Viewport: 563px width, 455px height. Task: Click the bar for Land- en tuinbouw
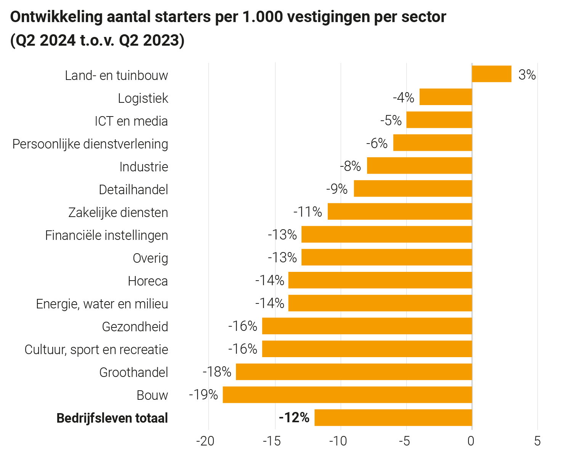click(x=491, y=74)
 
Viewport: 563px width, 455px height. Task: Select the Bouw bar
click(x=347, y=395)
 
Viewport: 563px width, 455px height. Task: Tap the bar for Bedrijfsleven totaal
click(x=393, y=418)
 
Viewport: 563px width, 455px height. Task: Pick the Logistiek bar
click(x=445, y=97)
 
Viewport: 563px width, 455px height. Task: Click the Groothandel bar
click(x=354, y=372)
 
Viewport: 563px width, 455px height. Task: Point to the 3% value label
click(x=527, y=75)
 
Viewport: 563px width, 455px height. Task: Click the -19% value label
click(x=203, y=395)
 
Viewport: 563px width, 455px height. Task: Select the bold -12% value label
click(x=294, y=418)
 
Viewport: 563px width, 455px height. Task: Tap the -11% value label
click(x=307, y=212)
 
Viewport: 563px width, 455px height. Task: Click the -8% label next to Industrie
click(x=350, y=166)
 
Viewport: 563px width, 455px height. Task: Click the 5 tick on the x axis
click(x=537, y=442)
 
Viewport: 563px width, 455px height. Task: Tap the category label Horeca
click(x=148, y=281)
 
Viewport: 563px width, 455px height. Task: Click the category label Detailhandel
click(x=133, y=189)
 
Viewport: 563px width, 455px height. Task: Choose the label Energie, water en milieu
click(x=102, y=304)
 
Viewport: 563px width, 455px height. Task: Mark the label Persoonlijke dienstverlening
click(x=90, y=144)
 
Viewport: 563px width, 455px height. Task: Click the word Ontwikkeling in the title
click(x=56, y=17)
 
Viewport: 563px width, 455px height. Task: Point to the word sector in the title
click(x=423, y=17)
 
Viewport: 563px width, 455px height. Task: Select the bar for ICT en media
click(x=439, y=120)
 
